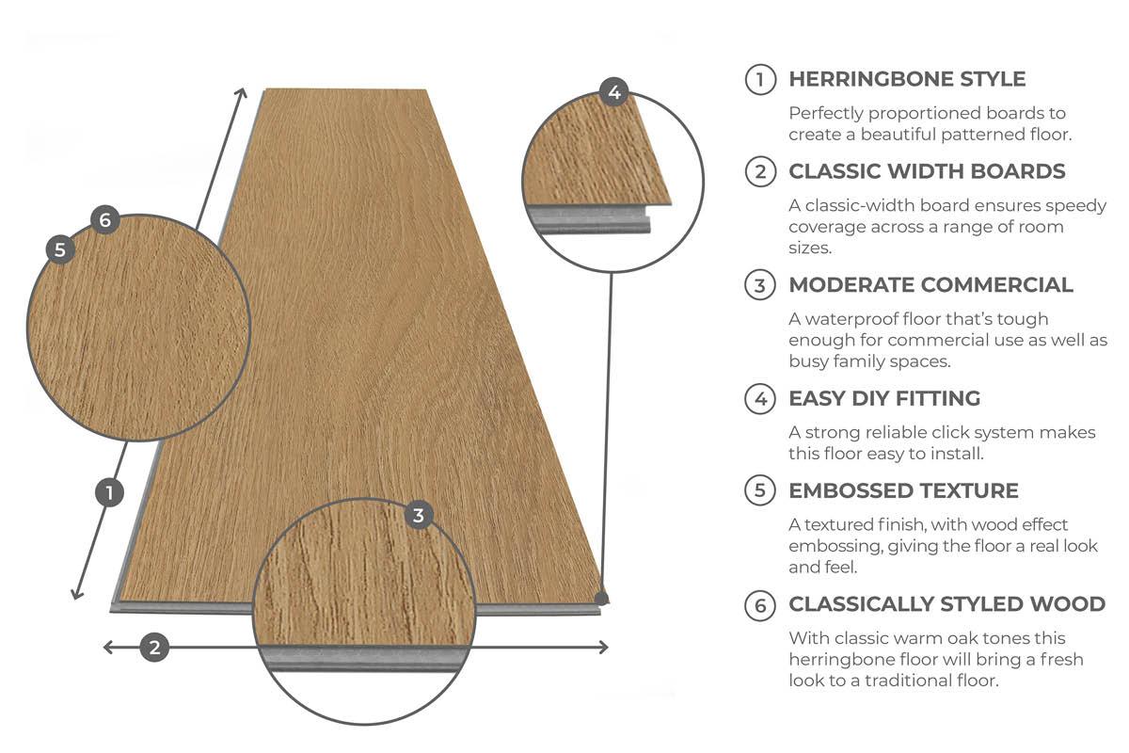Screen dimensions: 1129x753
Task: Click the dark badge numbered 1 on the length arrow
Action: click(109, 492)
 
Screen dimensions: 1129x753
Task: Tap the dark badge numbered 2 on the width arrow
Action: click(154, 647)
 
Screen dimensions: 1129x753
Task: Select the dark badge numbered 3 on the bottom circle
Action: click(419, 515)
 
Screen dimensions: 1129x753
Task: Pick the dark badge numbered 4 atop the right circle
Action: click(613, 92)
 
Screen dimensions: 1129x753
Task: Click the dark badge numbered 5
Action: click(60, 249)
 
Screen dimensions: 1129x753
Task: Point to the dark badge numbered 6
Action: click(104, 219)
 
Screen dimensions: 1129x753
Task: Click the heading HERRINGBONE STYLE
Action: click(907, 79)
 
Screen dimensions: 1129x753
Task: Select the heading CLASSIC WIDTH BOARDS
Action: click(927, 171)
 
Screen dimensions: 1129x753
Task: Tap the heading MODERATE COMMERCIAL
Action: click(930, 285)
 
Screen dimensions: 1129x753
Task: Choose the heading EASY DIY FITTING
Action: click(884, 398)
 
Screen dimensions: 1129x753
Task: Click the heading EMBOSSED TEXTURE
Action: click(904, 490)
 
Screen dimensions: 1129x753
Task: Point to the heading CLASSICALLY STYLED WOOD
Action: click(947, 604)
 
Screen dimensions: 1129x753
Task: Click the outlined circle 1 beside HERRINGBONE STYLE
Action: click(760, 79)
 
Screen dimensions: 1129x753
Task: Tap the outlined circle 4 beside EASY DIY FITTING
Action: click(760, 398)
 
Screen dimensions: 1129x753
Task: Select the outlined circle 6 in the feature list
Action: click(760, 605)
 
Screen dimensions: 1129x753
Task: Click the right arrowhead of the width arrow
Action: click(607, 647)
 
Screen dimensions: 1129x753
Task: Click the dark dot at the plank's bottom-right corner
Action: click(601, 599)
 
